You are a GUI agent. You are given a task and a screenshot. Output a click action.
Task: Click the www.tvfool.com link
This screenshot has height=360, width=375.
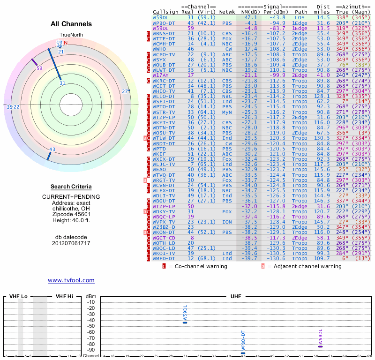[x=71, y=280]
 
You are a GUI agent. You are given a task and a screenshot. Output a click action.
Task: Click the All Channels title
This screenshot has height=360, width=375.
[x=71, y=24]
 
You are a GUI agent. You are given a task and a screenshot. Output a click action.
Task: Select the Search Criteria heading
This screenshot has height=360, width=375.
[x=71, y=187]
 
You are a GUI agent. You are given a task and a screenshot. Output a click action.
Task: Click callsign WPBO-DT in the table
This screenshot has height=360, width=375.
[x=164, y=22]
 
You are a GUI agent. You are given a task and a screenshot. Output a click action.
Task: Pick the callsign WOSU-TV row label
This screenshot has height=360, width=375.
[x=164, y=133]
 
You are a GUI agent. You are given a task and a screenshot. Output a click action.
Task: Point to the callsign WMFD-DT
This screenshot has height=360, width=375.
[x=164, y=258]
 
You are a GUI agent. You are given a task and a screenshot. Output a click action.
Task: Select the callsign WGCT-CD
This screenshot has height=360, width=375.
[x=164, y=238]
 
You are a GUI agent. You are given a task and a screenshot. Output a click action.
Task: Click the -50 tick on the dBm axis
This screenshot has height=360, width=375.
[x=90, y=326]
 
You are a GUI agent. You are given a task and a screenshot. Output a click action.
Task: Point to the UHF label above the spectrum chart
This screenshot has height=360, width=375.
[x=236, y=296]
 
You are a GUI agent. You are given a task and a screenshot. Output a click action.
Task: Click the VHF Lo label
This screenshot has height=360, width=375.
[x=18, y=296]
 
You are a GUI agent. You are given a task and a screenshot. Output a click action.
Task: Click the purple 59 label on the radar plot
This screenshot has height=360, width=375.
[x=39, y=68]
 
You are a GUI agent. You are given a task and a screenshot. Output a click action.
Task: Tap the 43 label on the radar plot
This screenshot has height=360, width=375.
[x=52, y=150]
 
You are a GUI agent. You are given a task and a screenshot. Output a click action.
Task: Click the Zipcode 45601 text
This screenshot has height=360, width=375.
[x=71, y=214]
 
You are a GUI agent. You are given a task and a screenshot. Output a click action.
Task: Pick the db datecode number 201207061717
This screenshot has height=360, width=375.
[x=71, y=243]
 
